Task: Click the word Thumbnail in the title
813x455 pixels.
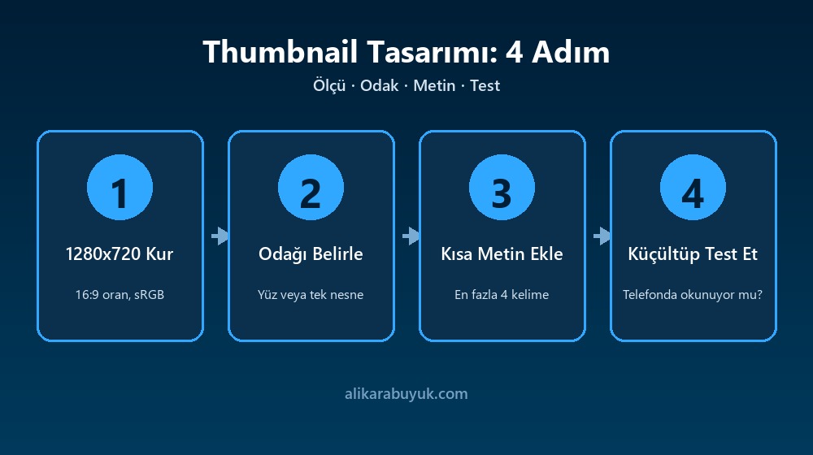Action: [x=280, y=52]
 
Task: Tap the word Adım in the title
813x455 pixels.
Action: [x=571, y=52]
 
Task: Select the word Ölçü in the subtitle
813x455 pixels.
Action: [x=329, y=85]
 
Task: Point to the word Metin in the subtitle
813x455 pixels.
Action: [x=434, y=85]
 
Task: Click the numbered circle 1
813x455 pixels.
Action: [x=120, y=187]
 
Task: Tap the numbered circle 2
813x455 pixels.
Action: [x=311, y=187]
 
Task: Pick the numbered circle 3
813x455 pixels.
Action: [x=502, y=187]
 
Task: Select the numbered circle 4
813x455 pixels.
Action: [x=693, y=187]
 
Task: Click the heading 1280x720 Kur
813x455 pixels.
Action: [x=120, y=254]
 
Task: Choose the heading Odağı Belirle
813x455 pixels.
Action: [x=311, y=254]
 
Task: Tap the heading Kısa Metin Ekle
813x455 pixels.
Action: [x=502, y=254]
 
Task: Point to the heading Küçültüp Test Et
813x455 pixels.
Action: [x=693, y=254]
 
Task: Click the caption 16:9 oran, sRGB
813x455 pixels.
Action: [x=120, y=295]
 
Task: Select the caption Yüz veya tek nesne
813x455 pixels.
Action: [x=311, y=295]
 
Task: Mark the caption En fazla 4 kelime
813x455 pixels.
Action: [x=502, y=295]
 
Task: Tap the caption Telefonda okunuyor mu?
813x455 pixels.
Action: [x=693, y=295]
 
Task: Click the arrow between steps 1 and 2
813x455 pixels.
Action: [x=220, y=236]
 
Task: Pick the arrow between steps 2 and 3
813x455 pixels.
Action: [x=411, y=236]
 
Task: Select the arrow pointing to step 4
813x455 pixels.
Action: [x=602, y=236]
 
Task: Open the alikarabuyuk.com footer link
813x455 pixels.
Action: [x=406, y=394]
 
